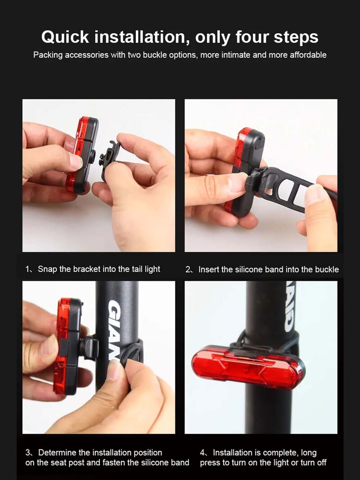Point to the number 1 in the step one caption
coord(27,269)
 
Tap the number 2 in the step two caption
coord(188,269)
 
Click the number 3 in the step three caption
coord(27,453)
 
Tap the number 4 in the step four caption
coord(202,453)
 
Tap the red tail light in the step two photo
coord(238,171)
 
